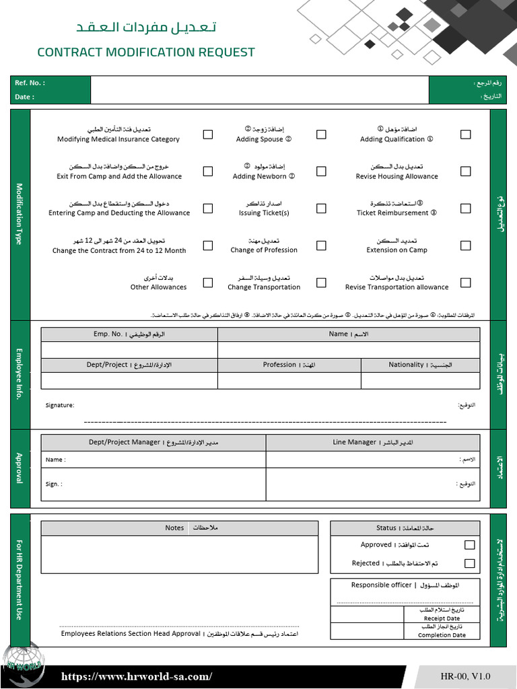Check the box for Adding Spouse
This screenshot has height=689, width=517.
(321, 135)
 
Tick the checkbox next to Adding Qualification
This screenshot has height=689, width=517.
(465, 135)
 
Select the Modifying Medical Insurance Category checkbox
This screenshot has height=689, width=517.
(208, 135)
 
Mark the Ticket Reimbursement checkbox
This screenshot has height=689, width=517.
(465, 209)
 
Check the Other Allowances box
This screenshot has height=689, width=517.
(208, 283)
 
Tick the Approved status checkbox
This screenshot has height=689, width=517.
(469, 545)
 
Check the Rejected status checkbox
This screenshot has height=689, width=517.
(469, 563)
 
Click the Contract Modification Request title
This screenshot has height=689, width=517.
(146, 52)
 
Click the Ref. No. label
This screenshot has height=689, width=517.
(30, 83)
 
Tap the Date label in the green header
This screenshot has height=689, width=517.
(25, 97)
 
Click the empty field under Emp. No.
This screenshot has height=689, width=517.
(129, 350)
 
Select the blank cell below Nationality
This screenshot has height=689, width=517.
(420, 381)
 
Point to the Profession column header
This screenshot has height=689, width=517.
(289, 365)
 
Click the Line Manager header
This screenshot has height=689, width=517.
(373, 443)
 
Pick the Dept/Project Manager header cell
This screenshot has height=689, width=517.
(153, 443)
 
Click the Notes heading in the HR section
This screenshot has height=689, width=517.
(175, 528)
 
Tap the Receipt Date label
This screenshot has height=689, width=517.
(442, 618)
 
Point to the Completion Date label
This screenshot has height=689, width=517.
(442, 634)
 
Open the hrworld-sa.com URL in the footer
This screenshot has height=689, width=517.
(137, 677)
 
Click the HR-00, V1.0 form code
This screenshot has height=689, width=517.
(466, 676)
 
